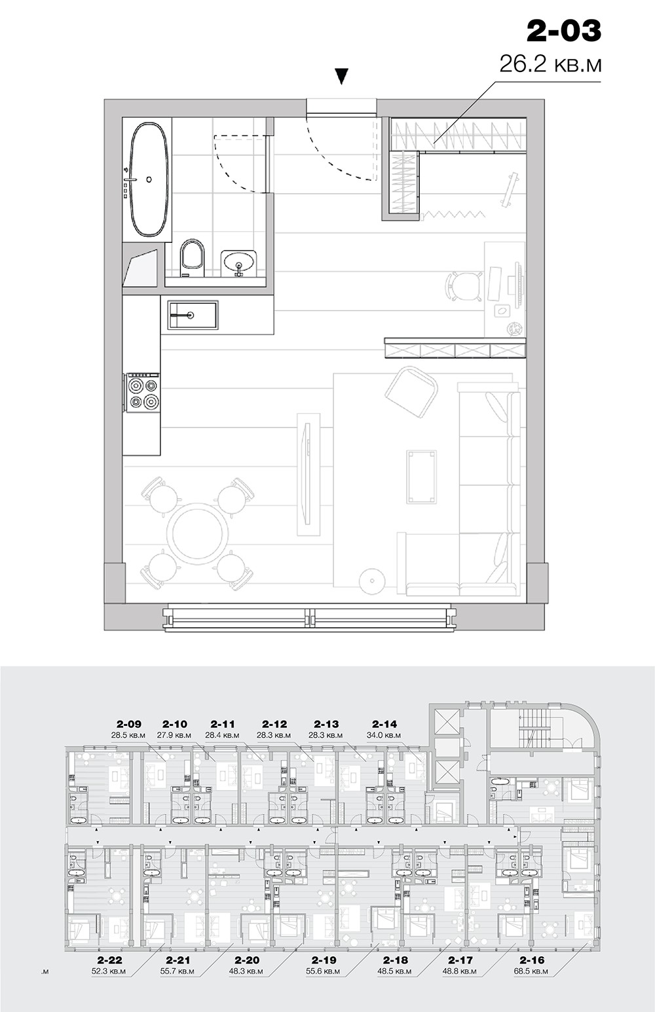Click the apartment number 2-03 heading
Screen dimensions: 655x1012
click(x=564, y=31)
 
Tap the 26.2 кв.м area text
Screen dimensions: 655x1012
click(x=550, y=65)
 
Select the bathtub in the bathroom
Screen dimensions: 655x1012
click(x=149, y=179)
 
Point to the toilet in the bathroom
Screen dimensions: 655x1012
click(x=192, y=258)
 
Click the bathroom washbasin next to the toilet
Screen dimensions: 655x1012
click(x=238, y=263)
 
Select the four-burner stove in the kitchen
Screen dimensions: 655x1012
click(x=142, y=392)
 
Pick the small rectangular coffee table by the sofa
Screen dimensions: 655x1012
click(x=421, y=477)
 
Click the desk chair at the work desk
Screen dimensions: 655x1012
click(x=463, y=285)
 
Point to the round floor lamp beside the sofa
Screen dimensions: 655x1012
click(x=372, y=579)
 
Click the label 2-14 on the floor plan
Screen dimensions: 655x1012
click(x=384, y=724)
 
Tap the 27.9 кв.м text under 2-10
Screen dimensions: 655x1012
click(x=174, y=735)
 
